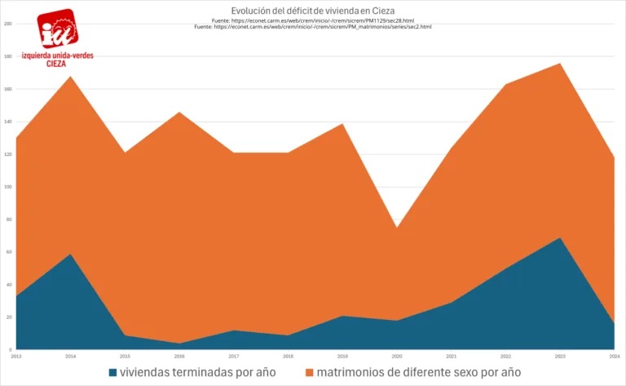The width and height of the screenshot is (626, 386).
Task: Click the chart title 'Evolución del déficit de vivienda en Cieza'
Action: (x=312, y=11)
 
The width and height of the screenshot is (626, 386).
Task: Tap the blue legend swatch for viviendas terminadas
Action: (x=113, y=373)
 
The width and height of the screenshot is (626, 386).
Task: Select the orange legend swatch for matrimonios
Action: (x=310, y=373)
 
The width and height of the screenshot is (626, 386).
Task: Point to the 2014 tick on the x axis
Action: (x=71, y=357)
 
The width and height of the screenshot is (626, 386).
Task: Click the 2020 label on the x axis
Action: (x=398, y=357)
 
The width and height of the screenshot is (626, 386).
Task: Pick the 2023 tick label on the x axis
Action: (x=561, y=357)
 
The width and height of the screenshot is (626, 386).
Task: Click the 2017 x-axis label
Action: (x=234, y=357)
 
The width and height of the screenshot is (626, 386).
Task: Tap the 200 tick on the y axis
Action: (x=7, y=24)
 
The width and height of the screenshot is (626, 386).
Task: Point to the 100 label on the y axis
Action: (x=7, y=187)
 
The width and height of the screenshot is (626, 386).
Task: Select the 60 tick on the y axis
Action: (x=8, y=252)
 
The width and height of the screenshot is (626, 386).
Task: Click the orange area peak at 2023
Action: (x=561, y=64)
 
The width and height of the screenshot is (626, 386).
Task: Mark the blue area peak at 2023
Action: (x=561, y=238)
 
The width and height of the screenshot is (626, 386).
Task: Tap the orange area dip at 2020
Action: (x=398, y=228)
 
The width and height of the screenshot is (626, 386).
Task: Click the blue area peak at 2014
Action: (x=71, y=254)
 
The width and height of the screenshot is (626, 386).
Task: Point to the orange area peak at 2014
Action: (x=71, y=77)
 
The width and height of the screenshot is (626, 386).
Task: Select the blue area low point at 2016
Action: (x=179, y=343)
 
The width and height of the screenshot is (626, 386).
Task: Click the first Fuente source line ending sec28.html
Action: (x=312, y=20)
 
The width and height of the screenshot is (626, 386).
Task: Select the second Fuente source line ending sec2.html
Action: (x=312, y=27)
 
